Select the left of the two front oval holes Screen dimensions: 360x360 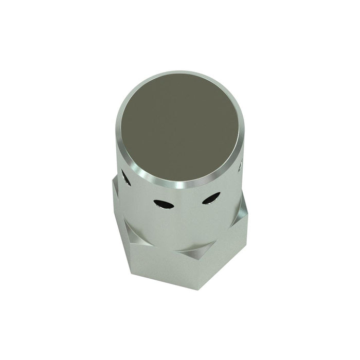(x=163, y=204)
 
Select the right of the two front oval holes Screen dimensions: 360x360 (x=211, y=198)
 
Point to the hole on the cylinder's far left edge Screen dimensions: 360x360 (x=125, y=178)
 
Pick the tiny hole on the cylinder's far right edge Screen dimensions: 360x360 (x=240, y=167)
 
